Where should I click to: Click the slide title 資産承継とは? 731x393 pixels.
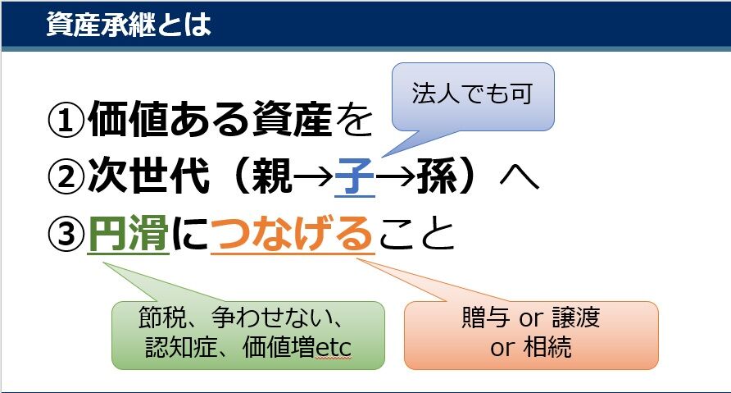click(x=129, y=24)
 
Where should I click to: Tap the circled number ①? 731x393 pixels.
click(x=66, y=120)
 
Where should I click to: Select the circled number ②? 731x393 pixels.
click(x=66, y=176)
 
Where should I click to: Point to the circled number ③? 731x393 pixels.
click(x=66, y=233)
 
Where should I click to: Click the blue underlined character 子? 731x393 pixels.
click(x=355, y=176)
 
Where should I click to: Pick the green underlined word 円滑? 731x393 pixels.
click(x=128, y=233)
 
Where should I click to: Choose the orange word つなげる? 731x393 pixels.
click(x=293, y=233)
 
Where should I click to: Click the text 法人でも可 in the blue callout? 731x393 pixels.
click(x=472, y=94)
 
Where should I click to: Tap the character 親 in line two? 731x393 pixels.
click(x=273, y=176)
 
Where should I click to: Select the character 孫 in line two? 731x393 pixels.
click(x=437, y=176)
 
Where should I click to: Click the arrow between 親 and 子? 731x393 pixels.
click(x=314, y=177)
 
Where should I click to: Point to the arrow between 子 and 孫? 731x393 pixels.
click(x=396, y=177)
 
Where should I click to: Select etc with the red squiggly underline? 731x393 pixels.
click(x=333, y=348)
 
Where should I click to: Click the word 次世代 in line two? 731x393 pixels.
click(x=148, y=176)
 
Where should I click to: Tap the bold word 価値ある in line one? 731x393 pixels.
click(x=169, y=120)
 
